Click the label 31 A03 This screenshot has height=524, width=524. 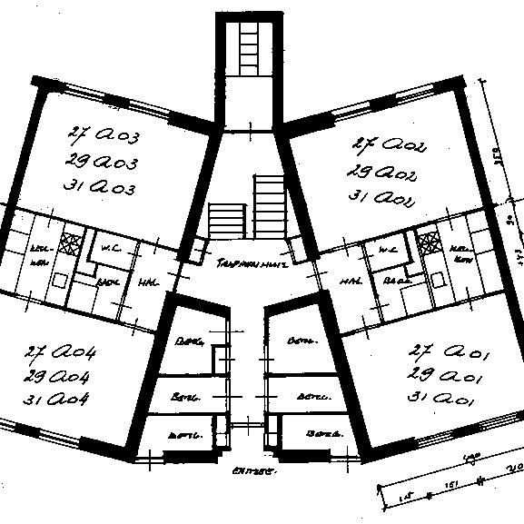pos(101,187)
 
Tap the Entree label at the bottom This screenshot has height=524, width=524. pos(253,470)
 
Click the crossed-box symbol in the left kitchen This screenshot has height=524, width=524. pos(66,243)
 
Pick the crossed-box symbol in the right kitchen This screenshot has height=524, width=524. pos(427,243)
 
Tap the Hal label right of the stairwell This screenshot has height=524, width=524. pos(346,282)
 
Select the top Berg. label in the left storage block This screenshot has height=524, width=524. pos(189,342)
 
